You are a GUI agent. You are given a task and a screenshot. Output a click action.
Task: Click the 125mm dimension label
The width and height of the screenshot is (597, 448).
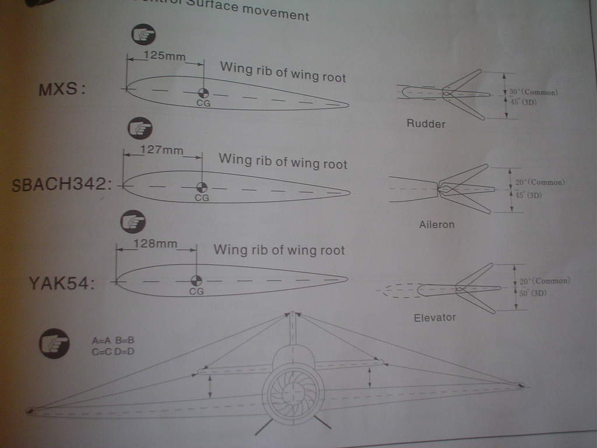tap(164, 56)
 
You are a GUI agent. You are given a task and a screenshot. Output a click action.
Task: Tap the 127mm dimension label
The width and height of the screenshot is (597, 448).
tap(162, 149)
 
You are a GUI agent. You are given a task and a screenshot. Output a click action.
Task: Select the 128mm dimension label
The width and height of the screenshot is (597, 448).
tap(155, 244)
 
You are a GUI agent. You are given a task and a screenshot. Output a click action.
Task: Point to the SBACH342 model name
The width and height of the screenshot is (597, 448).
tap(61, 185)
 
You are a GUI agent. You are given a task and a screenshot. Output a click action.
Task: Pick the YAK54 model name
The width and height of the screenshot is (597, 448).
tap(61, 283)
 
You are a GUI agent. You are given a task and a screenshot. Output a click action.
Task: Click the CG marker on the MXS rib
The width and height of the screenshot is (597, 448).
tap(203, 93)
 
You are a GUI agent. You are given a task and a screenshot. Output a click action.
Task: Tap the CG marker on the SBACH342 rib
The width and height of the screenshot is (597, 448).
tap(201, 187)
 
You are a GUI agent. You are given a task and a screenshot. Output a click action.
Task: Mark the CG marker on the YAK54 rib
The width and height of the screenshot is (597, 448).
tap(196, 281)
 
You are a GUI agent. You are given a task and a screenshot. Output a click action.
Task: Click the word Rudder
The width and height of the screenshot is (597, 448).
tap(426, 124)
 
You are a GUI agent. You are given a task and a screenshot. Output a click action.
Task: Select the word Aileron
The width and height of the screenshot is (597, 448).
tap(436, 224)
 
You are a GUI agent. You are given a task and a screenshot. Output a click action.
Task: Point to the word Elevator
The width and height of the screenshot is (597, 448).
tap(434, 317)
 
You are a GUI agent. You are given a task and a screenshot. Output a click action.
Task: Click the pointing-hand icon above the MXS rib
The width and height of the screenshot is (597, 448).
tap(143, 35)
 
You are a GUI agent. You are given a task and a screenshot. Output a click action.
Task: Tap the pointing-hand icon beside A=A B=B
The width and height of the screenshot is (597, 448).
tap(54, 344)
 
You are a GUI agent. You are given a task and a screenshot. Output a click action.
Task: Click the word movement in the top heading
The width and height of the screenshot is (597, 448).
tap(275, 11)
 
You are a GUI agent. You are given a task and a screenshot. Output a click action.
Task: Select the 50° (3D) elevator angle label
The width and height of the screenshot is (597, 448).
tap(532, 293)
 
